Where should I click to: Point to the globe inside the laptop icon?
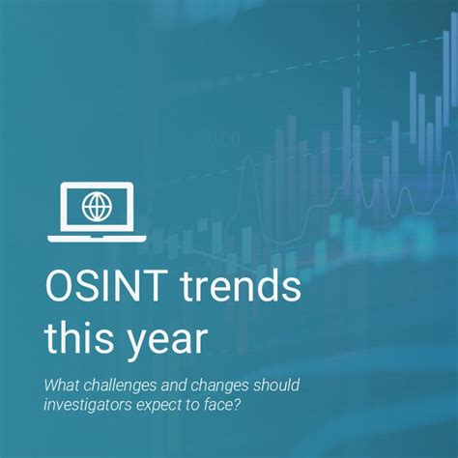pos(96,205)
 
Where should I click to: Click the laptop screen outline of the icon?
pos(96,186)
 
